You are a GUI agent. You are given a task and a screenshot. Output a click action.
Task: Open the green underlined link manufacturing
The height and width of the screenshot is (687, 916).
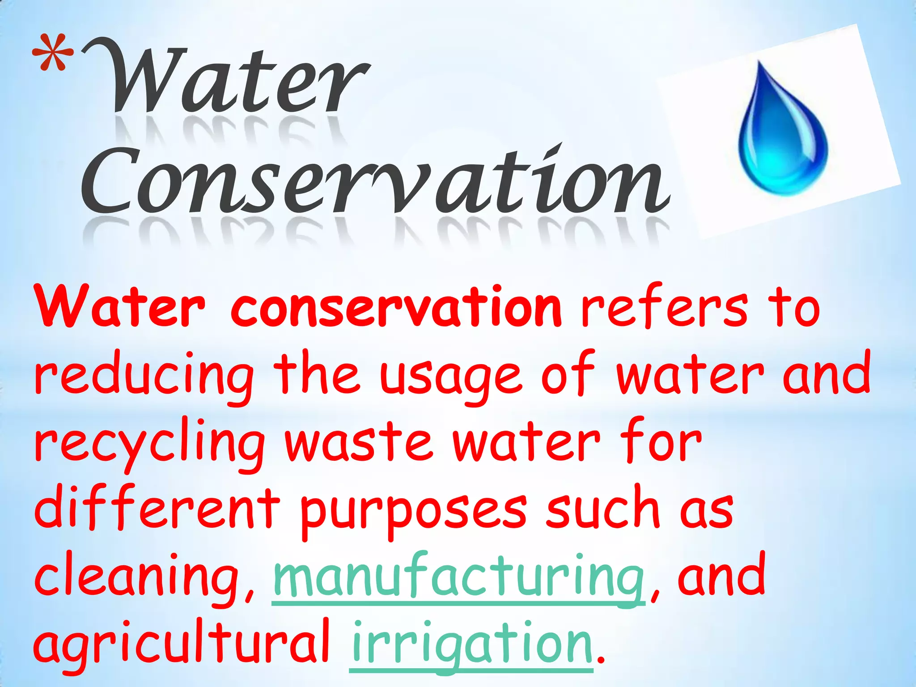point(458,577)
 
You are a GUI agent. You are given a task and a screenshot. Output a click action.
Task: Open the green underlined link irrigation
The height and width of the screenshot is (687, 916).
point(471,644)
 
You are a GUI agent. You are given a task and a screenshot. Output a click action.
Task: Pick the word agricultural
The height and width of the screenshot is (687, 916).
point(181,644)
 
